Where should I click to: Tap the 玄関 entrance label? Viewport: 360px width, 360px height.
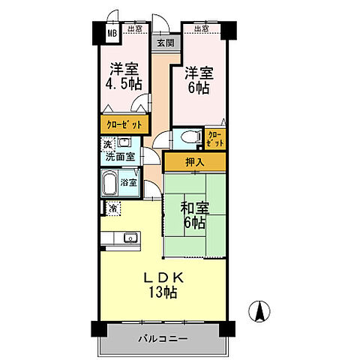point(164,43)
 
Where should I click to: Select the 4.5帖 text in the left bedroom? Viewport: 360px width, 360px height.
point(123,84)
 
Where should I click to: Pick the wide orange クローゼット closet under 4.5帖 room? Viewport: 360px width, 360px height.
point(124,123)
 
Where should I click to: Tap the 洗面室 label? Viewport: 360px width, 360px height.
point(120,157)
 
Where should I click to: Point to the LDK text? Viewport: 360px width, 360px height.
point(162,277)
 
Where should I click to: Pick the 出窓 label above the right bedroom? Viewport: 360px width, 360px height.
point(201,29)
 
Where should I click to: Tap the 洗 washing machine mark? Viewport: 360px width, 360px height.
point(107,145)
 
